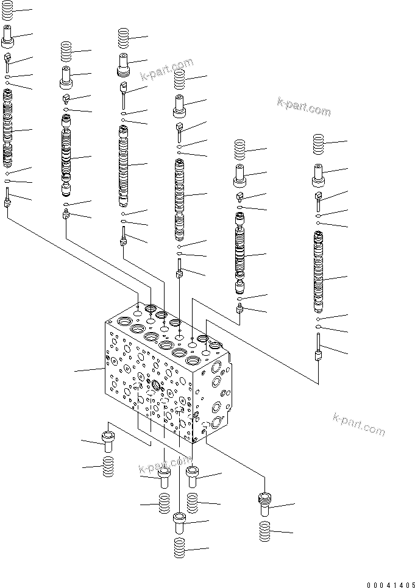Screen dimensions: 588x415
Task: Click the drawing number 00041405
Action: coord(391,583)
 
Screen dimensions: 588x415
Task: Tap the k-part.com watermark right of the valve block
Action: coord(359,424)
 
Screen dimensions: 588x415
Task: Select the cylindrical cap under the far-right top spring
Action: coord(319,177)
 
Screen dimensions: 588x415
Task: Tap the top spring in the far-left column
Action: coord(7,13)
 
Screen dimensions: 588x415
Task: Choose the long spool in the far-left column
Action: coord(7,128)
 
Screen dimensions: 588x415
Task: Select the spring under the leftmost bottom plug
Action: coord(108,468)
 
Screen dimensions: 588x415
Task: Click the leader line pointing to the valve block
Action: coord(88,370)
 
